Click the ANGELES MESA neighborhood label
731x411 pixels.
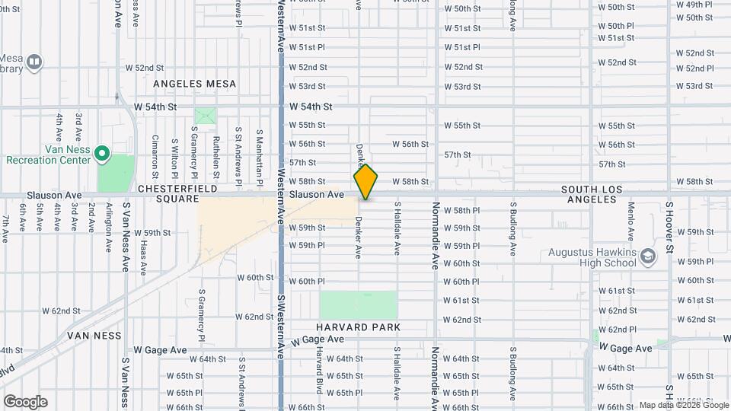(x=195, y=84)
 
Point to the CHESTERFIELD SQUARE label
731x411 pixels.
(x=177, y=193)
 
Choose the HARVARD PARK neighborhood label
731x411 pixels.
(x=359, y=327)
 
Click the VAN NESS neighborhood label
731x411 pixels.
(x=94, y=335)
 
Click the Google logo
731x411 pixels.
(x=25, y=402)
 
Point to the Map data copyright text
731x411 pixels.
(x=682, y=405)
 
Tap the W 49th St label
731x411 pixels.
(x=694, y=5)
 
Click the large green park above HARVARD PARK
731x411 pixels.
(x=359, y=304)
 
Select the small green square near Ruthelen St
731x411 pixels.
(x=205, y=117)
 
